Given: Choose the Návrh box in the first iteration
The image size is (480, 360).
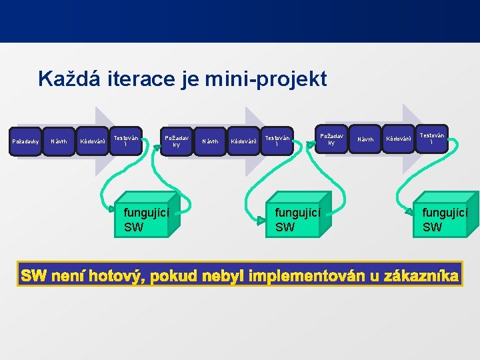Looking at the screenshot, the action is point(59,141).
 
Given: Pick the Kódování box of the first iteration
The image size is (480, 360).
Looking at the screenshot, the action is point(93,141).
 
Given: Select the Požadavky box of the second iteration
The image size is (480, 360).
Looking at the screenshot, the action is point(177,141).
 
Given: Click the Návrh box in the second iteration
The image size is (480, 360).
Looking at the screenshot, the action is point(210,141).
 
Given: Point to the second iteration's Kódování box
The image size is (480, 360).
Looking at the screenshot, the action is point(243,141).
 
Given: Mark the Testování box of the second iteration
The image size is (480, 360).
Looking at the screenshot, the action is point(277,141).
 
